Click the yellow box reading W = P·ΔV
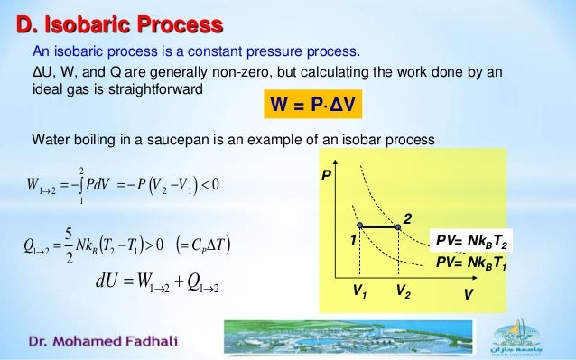coord(311,108)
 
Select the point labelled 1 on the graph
coord(358,226)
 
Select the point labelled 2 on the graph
coord(397,226)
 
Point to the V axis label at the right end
coord(469,294)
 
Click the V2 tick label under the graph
coord(398,293)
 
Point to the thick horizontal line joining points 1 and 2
coord(378,226)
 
